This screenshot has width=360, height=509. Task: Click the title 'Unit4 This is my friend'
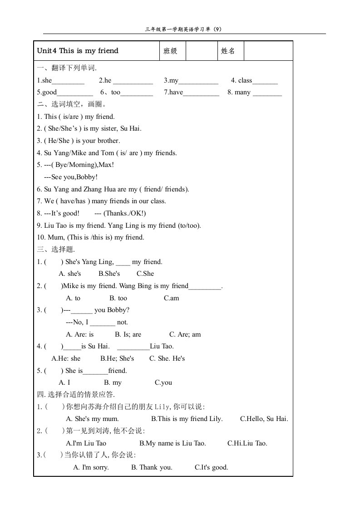(x=78, y=51)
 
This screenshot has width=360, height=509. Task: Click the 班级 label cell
(x=171, y=51)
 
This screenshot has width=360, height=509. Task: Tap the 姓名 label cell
(x=228, y=51)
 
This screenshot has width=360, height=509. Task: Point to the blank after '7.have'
(x=201, y=93)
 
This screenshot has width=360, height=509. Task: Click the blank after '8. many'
(x=267, y=93)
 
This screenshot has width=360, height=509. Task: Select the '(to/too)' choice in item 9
(x=189, y=225)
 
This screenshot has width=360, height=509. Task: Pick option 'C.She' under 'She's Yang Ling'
(x=145, y=274)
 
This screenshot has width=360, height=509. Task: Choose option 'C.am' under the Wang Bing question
(x=172, y=298)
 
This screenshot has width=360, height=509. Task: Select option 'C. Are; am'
(x=185, y=334)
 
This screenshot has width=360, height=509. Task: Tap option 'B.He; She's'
(x=117, y=358)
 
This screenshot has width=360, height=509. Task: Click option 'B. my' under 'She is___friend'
(x=113, y=382)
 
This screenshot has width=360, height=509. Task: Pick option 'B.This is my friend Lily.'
(x=187, y=419)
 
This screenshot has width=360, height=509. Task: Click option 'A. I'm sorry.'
(x=91, y=467)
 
